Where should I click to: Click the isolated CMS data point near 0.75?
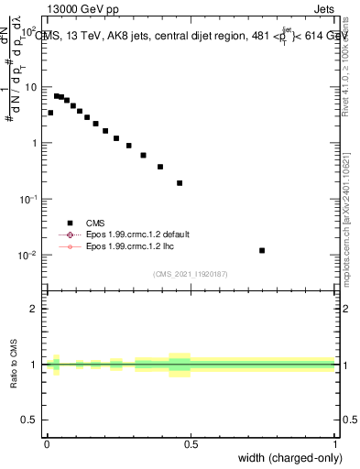262,250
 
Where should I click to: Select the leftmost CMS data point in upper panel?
50,113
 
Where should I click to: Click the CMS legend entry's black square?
70,222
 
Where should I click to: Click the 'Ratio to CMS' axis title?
16,365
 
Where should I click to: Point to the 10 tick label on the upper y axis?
30,87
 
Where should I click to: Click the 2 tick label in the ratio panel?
35,309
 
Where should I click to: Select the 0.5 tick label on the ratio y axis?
30,420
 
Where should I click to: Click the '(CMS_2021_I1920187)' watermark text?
191,274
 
